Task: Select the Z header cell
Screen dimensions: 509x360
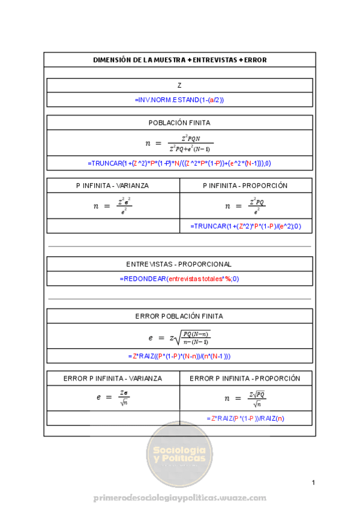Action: [x=179, y=85]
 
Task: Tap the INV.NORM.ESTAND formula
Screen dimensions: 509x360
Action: [x=179, y=100]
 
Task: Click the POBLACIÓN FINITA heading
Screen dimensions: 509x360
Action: [x=179, y=122]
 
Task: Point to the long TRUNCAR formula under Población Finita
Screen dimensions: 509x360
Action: [x=179, y=163]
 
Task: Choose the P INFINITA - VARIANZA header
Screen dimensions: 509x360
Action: [x=113, y=185]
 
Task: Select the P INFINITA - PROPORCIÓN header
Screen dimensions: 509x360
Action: [x=245, y=185]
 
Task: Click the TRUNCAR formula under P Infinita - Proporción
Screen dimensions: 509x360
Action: [x=245, y=226]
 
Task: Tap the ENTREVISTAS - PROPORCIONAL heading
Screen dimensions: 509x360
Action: [x=179, y=264]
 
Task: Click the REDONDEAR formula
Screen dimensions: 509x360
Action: [x=179, y=279]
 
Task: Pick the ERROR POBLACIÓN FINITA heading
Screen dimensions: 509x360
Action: [x=179, y=316]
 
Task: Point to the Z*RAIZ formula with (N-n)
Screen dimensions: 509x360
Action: [x=179, y=356]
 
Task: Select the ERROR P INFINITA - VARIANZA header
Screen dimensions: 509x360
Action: [x=113, y=379]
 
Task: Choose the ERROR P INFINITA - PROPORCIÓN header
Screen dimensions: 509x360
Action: [x=245, y=379]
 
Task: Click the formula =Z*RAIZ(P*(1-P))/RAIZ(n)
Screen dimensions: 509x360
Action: [x=245, y=418]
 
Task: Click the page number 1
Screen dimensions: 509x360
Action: [x=313, y=483]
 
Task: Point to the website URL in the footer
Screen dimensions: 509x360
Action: [x=179, y=498]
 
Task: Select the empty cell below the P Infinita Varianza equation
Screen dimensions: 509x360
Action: [x=113, y=226]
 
